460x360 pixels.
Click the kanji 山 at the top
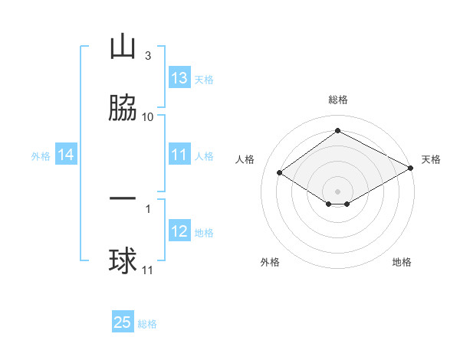point(123,47)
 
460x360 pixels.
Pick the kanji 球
point(123,261)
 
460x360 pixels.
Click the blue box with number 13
point(179,78)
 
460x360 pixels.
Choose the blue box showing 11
point(179,155)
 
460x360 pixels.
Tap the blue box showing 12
point(179,231)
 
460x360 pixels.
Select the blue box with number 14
point(66,155)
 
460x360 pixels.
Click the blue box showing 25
point(123,322)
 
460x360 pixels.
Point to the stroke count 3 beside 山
point(147,56)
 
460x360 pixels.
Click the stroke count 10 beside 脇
point(148,116)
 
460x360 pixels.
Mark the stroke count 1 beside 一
point(147,207)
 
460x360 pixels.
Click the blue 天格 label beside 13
point(204,80)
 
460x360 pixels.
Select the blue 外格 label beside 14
point(41,156)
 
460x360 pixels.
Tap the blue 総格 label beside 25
point(147,324)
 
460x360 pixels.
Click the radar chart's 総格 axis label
point(338,100)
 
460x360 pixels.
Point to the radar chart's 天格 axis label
point(431,159)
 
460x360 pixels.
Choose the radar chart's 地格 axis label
point(402,262)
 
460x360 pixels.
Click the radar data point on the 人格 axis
point(280,173)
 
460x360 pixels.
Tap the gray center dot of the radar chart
point(338,191)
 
